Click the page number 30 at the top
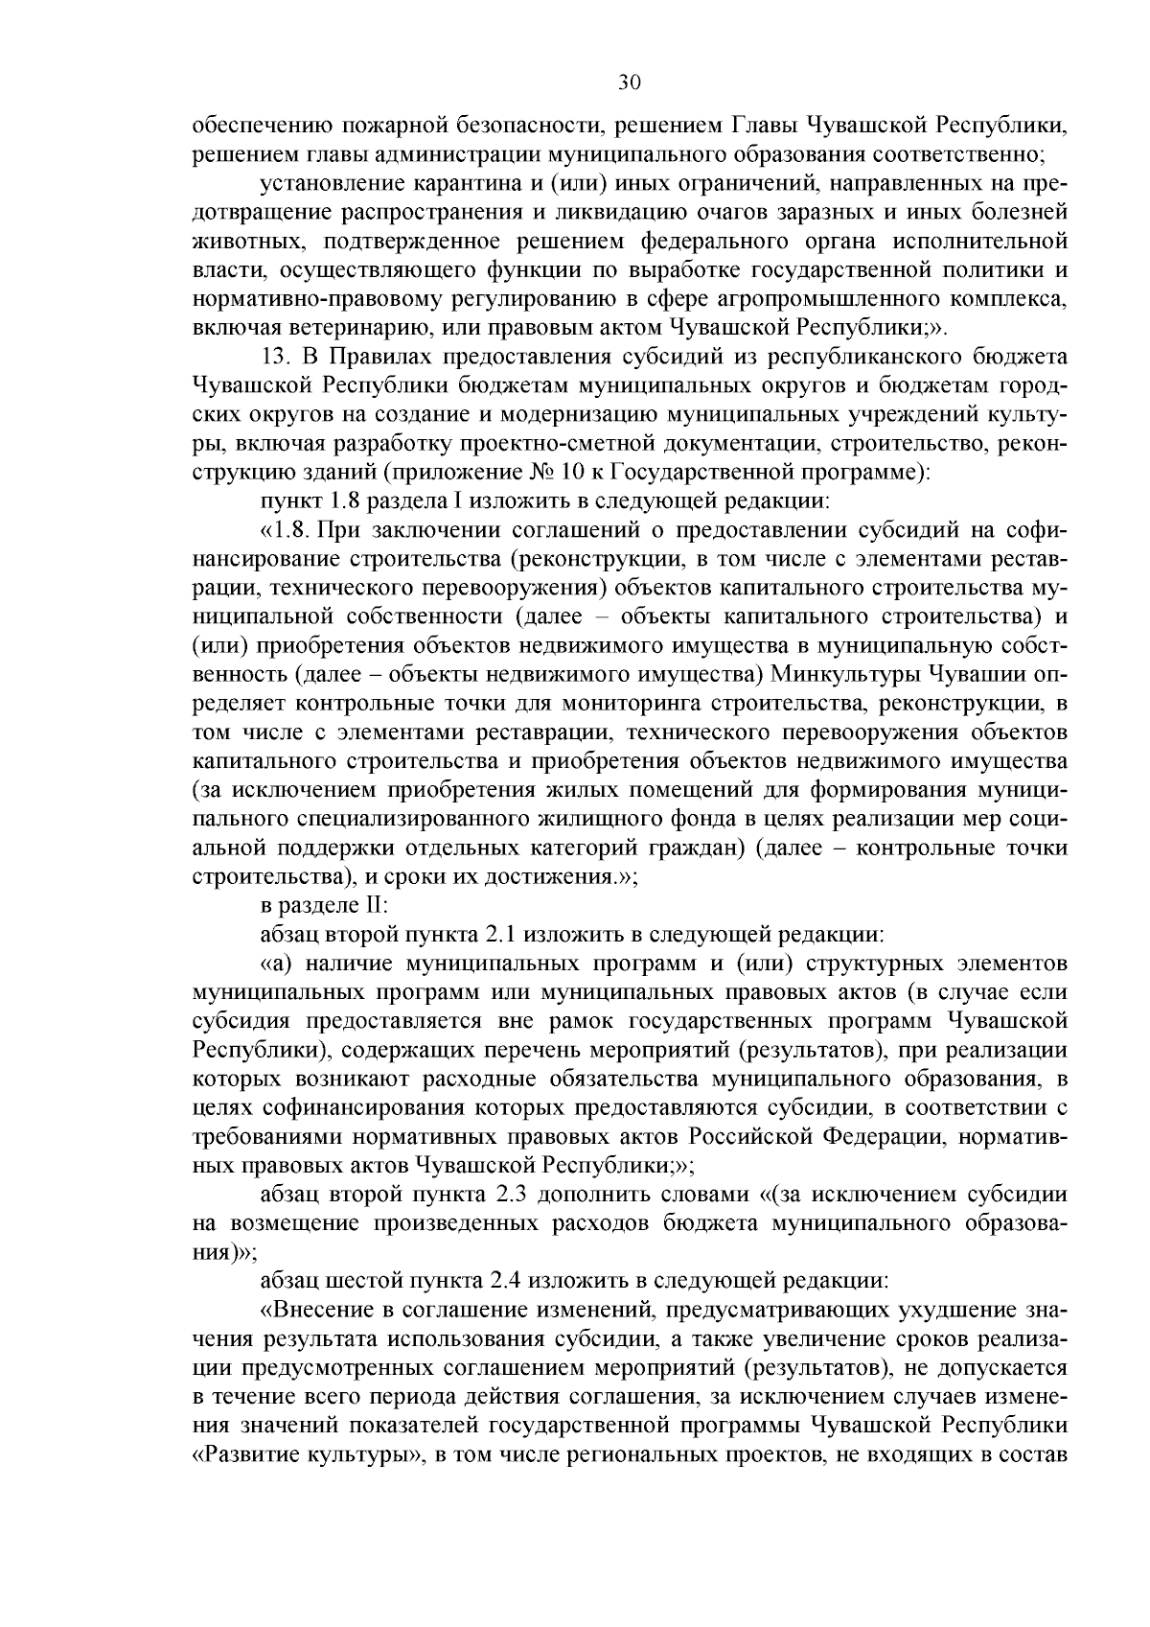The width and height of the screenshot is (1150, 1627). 629,82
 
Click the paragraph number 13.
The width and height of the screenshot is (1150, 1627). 277,356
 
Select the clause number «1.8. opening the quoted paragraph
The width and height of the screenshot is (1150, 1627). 288,530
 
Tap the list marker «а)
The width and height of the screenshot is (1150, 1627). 280,964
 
